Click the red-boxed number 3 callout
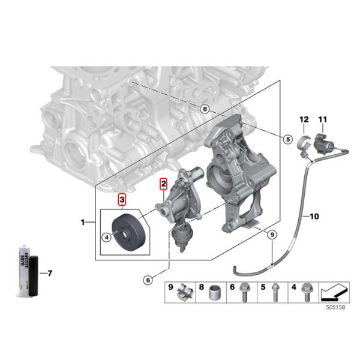coord(122,199)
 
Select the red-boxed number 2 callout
coord(162,183)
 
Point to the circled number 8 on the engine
coord(205,109)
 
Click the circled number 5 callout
coord(288,139)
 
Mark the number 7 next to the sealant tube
coord(50,274)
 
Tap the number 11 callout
coord(322,120)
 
